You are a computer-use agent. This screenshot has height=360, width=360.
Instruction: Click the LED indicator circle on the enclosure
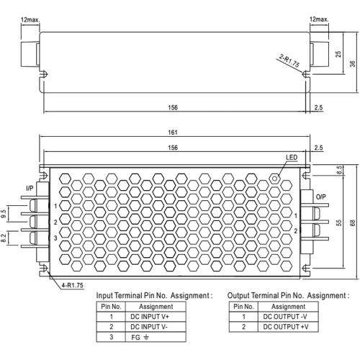point(275,179)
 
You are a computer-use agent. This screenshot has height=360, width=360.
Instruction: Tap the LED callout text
point(292,158)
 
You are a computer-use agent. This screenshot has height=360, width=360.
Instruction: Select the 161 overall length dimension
point(173,132)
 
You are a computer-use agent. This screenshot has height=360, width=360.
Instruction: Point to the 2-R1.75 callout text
point(289,61)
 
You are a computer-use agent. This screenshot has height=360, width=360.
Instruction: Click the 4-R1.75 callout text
point(72,285)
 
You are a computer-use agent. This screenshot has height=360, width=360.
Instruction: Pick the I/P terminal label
point(30,189)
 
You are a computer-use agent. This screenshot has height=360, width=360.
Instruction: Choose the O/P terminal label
point(321,197)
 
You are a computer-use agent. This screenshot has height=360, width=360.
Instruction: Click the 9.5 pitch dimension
point(4,214)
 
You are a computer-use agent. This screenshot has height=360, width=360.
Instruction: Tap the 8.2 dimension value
point(4,238)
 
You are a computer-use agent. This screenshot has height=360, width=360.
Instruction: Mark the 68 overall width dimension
point(352,222)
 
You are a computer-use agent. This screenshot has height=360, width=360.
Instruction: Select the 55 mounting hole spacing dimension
point(338,222)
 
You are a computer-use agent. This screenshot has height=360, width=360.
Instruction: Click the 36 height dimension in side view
point(352,64)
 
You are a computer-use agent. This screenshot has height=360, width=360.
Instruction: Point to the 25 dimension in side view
point(338,54)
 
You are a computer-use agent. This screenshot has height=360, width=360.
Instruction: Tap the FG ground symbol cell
point(156,337)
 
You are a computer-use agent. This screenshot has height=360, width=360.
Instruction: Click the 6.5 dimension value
point(339,170)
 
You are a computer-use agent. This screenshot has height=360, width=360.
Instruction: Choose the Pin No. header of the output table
point(243,307)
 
